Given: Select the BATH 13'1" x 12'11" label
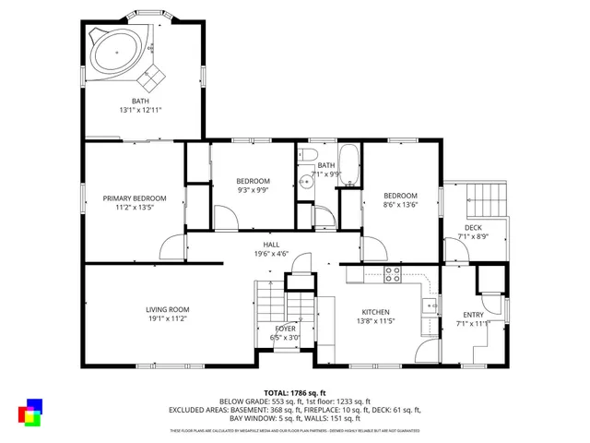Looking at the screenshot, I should [x=140, y=105].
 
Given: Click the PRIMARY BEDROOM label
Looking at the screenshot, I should [x=135, y=203].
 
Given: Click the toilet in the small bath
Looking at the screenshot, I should [x=311, y=156].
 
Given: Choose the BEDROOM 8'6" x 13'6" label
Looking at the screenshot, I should [x=400, y=200].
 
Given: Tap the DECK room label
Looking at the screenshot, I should [x=473, y=233].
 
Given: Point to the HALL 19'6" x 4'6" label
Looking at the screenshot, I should [x=271, y=249].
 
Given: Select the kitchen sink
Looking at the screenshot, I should [x=427, y=305].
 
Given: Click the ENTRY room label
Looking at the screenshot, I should [x=473, y=319].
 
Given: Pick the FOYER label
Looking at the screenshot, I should [x=286, y=333].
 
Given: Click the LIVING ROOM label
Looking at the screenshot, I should [x=167, y=314].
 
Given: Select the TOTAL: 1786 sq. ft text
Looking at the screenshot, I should [x=295, y=392].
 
